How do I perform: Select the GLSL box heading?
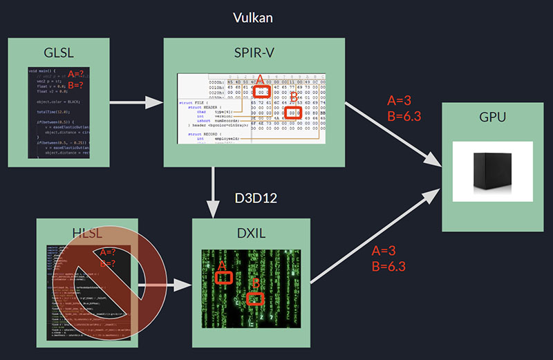tap(58, 53)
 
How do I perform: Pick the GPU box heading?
tap(492, 117)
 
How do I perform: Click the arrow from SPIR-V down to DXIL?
tap(215, 190)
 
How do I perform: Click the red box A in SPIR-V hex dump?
tap(260, 91)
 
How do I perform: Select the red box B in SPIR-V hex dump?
tap(293, 112)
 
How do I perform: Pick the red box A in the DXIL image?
tap(223, 277)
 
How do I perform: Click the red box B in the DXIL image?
tap(256, 299)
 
